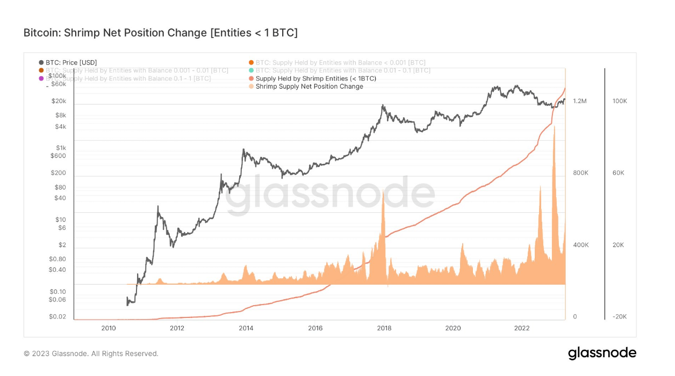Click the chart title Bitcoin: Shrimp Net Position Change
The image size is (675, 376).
click(160, 33)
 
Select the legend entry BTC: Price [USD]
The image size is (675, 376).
click(71, 63)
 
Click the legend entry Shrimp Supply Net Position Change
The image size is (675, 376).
click(309, 86)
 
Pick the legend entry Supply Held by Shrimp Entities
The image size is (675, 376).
click(315, 78)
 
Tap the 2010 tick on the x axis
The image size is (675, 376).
click(108, 328)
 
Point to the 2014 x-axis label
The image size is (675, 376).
click(246, 328)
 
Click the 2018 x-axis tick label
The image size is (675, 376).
click(384, 328)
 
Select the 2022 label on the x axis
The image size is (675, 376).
click(522, 328)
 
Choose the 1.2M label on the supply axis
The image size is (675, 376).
click(580, 101)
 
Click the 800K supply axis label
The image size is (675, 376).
click(580, 173)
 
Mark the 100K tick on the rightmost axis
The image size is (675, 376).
click(620, 101)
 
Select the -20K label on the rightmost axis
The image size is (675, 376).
click(619, 316)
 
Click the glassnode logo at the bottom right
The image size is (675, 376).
click(602, 353)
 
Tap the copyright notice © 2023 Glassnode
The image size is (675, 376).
click(91, 353)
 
